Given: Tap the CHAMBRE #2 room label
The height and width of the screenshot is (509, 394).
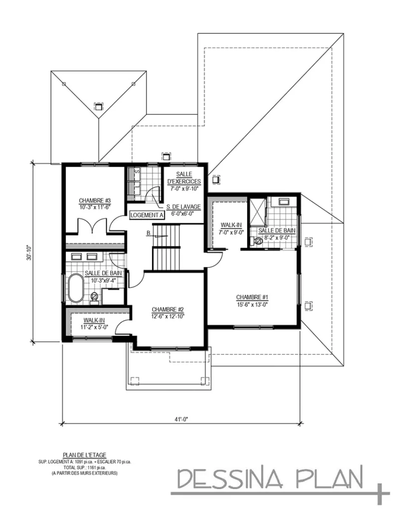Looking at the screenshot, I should tap(168, 309).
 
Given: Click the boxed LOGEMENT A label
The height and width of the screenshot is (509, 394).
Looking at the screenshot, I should tap(147, 215).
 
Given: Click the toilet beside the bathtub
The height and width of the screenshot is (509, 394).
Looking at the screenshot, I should tap(95, 298).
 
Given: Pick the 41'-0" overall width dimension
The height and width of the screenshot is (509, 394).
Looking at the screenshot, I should tap(181, 419).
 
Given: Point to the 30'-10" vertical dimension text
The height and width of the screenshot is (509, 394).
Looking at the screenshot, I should tap(31, 253).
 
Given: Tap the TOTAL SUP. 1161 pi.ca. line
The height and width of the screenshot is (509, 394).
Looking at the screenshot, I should tap(84, 468).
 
